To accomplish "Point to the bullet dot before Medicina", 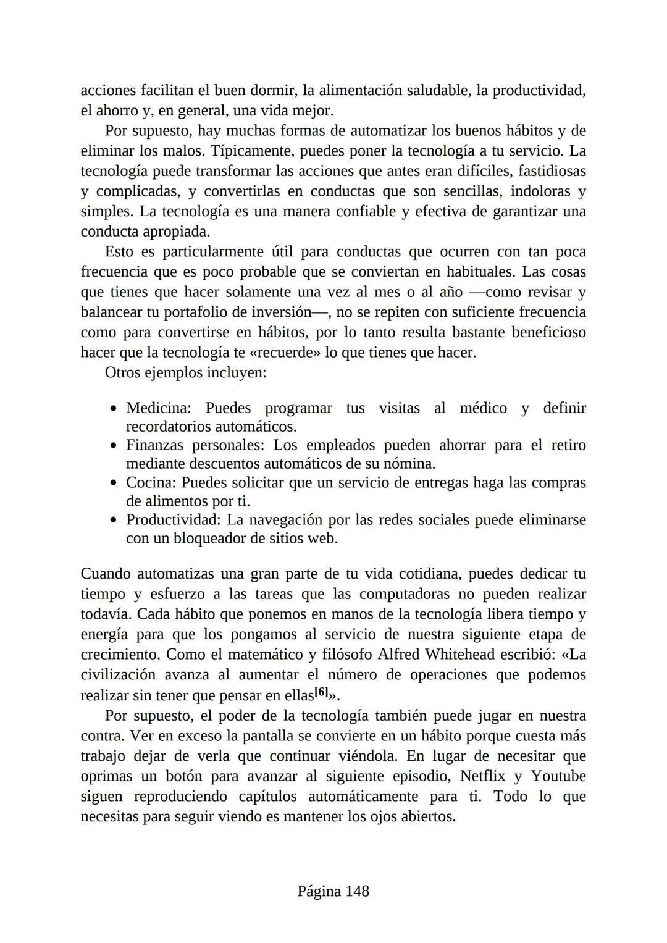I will (x=114, y=409).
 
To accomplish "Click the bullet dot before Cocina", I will (x=114, y=484).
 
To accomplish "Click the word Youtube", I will (x=558, y=776).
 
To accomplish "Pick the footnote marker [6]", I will (x=321, y=692).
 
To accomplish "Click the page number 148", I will (x=358, y=891).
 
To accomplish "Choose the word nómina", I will (x=409, y=464).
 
